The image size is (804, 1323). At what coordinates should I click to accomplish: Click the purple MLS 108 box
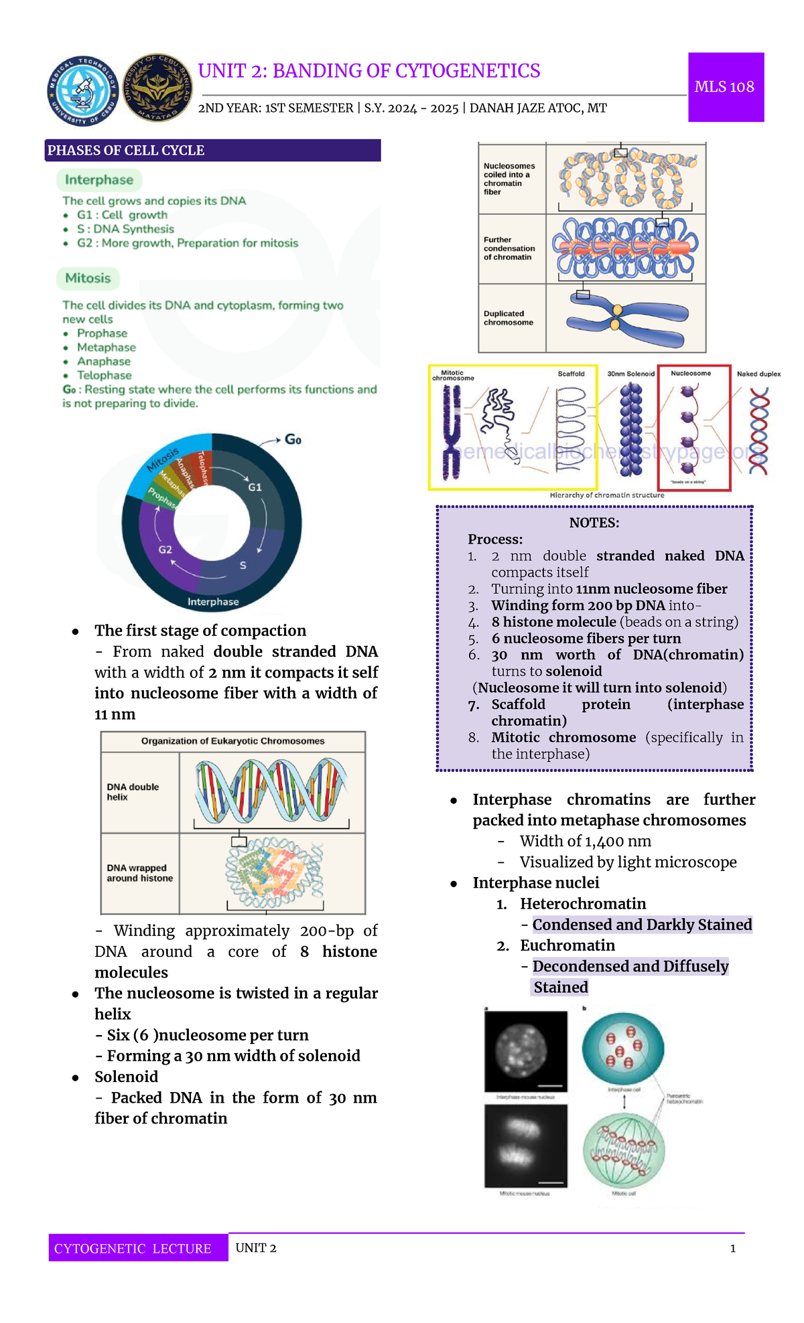(x=726, y=87)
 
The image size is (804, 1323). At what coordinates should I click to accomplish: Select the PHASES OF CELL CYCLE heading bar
(x=213, y=151)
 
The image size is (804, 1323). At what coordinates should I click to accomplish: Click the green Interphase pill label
(x=99, y=179)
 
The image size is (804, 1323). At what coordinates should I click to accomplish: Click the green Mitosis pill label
(x=88, y=278)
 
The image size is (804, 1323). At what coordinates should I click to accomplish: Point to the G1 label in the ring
(x=255, y=487)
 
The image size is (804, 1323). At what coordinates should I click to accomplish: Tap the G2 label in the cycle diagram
(x=165, y=550)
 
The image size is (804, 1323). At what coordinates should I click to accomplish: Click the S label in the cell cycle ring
(x=243, y=566)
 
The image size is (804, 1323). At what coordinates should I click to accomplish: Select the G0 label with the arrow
(x=293, y=439)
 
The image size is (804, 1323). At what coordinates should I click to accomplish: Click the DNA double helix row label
(x=133, y=792)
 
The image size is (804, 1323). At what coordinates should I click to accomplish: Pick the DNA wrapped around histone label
(x=139, y=873)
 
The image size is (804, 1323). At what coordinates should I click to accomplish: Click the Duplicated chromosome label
(x=509, y=318)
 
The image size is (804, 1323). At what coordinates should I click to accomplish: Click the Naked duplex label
(x=758, y=374)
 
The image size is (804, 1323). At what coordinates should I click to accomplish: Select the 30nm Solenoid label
(x=630, y=374)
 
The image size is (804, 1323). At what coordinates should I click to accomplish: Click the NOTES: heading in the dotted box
(x=594, y=523)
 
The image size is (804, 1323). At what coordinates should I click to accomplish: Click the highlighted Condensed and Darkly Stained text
(x=642, y=925)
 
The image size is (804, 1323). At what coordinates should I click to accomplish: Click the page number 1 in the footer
(x=733, y=1248)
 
